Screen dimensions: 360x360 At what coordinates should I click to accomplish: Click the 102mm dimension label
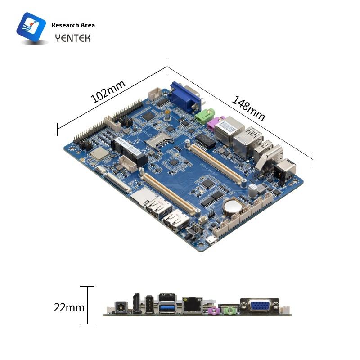pyautogui.click(x=108, y=91)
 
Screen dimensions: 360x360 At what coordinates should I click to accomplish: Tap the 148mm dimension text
pyautogui.click(x=248, y=108)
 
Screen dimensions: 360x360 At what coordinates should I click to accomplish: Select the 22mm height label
pyautogui.click(x=69, y=308)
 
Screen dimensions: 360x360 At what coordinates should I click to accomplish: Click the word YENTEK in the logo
pyautogui.click(x=72, y=38)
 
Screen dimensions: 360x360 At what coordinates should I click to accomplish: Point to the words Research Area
pyautogui.click(x=73, y=25)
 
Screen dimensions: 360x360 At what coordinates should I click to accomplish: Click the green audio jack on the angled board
pyautogui.click(x=204, y=117)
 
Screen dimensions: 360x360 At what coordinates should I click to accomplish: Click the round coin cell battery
pyautogui.click(x=233, y=207)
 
